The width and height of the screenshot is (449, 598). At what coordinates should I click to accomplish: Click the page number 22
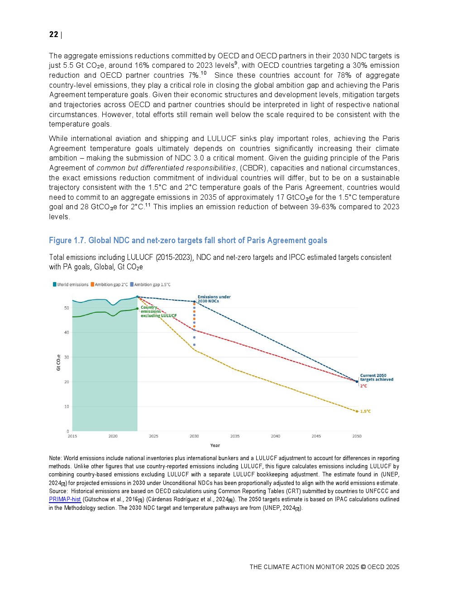[x=53, y=35]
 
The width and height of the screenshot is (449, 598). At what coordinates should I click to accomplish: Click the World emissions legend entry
[x=71, y=285]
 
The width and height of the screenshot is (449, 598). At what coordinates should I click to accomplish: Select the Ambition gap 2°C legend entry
[x=109, y=285]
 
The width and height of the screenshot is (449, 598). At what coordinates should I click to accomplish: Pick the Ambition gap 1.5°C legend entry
[x=150, y=285]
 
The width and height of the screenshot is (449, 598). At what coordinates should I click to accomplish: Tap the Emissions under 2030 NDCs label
[x=214, y=299]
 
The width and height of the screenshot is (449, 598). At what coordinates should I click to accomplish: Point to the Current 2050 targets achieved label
[x=376, y=377]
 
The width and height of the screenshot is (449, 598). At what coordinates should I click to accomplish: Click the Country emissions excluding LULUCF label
[x=154, y=311]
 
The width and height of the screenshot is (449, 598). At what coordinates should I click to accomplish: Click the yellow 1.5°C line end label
[x=365, y=411]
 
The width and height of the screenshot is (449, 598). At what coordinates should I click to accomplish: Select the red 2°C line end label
[x=363, y=386]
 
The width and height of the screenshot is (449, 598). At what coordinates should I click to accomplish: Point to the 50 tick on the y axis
[x=67, y=308]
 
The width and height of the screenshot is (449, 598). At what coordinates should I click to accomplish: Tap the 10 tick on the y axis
[x=67, y=407]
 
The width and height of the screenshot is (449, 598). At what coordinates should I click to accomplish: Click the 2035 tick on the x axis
[x=235, y=436]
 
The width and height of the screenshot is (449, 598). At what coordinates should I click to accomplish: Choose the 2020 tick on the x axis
[x=113, y=436]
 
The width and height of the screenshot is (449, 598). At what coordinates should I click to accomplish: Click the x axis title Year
[x=215, y=445]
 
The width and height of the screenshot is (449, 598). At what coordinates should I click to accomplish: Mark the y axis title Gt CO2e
[x=58, y=363]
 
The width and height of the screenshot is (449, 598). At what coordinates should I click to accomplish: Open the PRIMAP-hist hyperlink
[x=65, y=499]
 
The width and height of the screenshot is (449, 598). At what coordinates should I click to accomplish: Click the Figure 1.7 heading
[x=188, y=240]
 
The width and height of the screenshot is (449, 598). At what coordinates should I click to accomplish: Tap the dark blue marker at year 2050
[x=357, y=381]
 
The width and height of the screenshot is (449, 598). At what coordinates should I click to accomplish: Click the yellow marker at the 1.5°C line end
[x=357, y=411]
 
